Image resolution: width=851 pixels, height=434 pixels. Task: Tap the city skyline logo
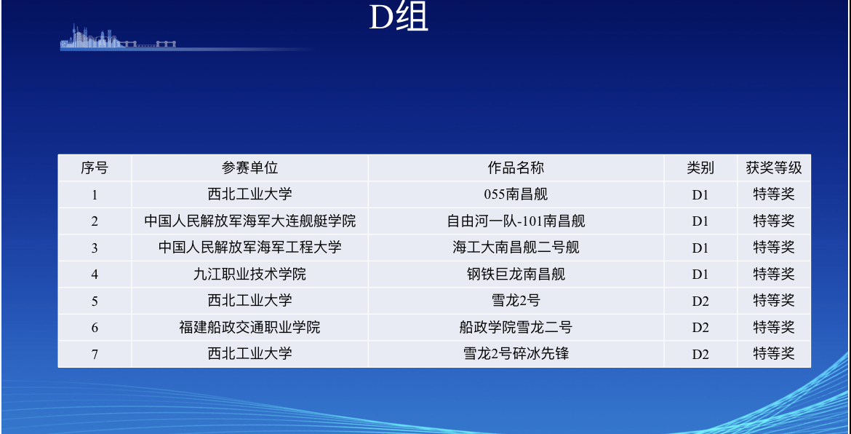118,37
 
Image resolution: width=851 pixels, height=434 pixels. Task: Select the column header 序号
95,167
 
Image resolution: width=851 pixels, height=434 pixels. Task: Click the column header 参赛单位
249,167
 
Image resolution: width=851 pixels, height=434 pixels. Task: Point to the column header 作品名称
516,167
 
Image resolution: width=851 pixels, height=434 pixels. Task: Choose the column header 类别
700,167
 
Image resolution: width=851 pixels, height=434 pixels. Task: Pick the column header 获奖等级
773,167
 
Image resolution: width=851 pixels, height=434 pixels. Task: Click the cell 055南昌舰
516,194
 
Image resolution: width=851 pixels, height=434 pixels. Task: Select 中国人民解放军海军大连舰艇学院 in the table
249,221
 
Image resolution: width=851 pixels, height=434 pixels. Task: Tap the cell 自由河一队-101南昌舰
516,221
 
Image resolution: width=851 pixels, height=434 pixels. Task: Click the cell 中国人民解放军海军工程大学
249,248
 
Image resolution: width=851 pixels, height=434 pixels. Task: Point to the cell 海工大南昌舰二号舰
516,248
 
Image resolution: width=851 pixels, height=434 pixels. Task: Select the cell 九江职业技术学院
249,275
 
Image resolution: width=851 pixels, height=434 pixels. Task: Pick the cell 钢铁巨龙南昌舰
516,275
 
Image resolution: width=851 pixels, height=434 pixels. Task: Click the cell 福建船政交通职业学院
249,328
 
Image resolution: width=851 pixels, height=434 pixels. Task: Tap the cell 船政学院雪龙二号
516,328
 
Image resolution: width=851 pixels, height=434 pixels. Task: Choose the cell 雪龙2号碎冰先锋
516,354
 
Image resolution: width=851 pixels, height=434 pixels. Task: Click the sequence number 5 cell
95,301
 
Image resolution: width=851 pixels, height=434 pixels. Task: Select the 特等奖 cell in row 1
773,194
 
